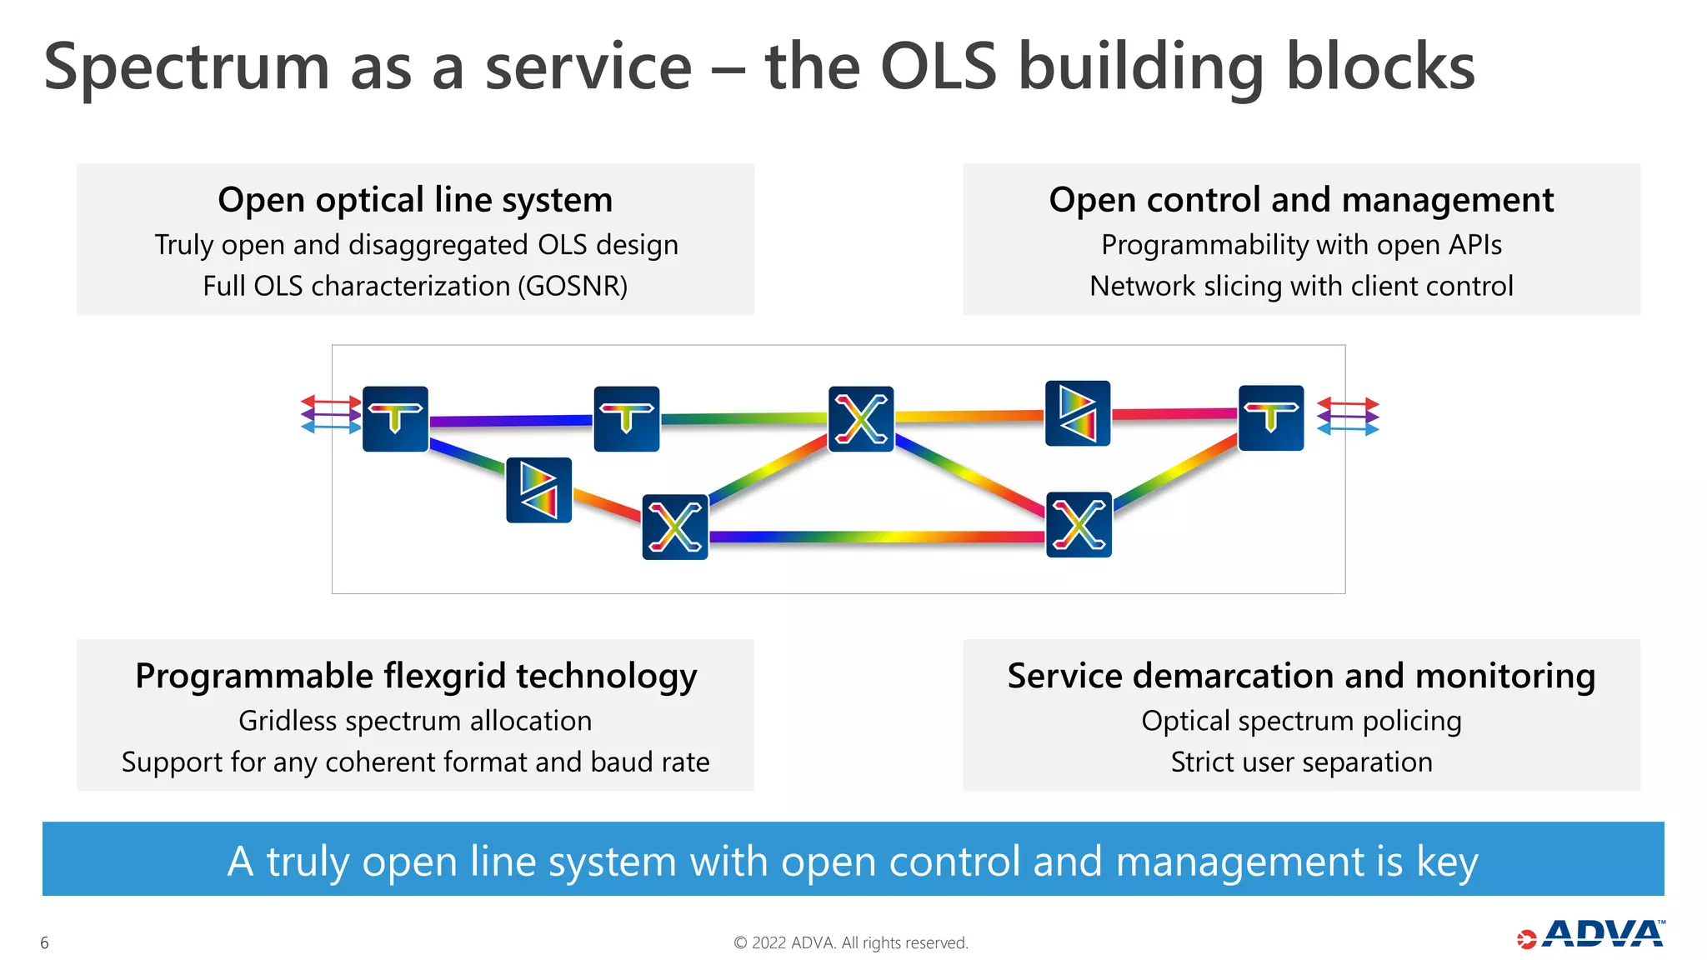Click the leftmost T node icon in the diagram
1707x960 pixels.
(395, 419)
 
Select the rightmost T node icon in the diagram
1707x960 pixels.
(1270, 418)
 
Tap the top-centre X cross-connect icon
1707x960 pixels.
(861, 419)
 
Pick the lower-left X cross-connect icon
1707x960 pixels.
(674, 527)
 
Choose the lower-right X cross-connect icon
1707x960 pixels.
(1079, 525)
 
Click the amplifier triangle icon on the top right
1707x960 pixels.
(1078, 413)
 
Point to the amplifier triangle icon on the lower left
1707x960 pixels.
(538, 490)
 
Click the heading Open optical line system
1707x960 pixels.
(415, 200)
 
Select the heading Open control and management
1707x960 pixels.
(1301, 200)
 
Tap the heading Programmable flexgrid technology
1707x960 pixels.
(415, 676)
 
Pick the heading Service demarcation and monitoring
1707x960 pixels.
(1301, 676)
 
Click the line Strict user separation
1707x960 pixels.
(1301, 762)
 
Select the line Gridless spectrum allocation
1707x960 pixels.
(415, 721)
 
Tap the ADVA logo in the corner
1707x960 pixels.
(1591, 935)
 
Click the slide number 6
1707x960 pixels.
(44, 943)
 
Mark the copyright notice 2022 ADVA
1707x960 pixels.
(850, 943)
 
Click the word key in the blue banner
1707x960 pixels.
(1447, 862)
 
